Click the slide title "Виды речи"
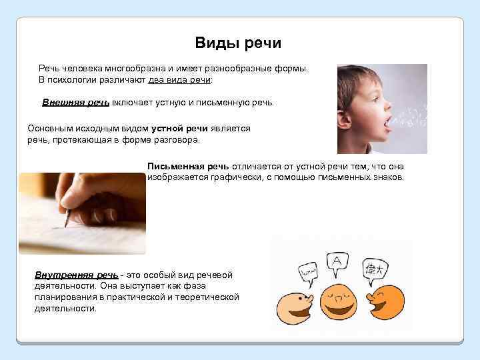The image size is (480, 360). [x=238, y=43]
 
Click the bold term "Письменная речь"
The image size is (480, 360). [x=189, y=166]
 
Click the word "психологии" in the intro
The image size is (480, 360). [x=70, y=80]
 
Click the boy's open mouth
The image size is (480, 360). [x=388, y=123]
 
